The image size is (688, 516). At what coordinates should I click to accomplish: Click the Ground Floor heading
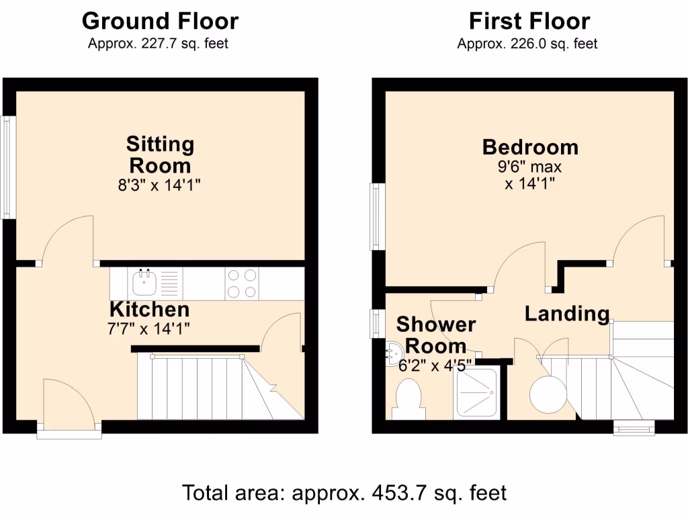coord(160,21)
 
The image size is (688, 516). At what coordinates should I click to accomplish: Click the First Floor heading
coord(529,21)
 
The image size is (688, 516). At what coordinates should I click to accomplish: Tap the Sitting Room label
coord(160,155)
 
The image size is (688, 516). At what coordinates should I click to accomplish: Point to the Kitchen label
coord(149,310)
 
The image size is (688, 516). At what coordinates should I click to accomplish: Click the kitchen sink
coord(145,283)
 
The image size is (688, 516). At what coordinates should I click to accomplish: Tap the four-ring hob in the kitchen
coord(243,283)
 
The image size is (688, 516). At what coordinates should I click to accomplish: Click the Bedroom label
coord(530,146)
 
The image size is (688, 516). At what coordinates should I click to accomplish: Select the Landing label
coord(567,313)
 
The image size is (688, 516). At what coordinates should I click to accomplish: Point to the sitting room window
coord(8,168)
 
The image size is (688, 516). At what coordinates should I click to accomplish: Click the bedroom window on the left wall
coord(377,216)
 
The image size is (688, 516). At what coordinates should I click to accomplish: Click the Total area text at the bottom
coord(344,492)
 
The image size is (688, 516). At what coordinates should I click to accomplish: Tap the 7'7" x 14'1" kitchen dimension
coord(149,329)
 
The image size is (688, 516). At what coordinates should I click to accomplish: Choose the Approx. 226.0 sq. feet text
coord(527,44)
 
